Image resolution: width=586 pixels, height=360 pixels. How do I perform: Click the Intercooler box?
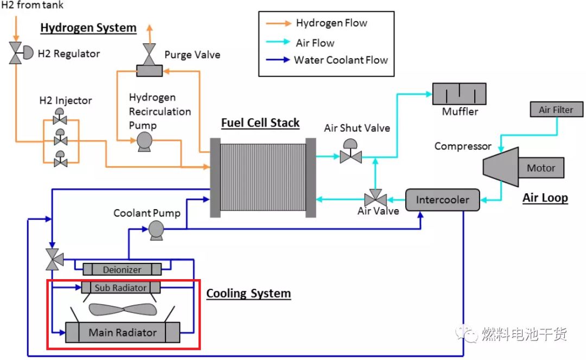click(x=443, y=200)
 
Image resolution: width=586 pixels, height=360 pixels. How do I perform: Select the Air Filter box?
click(x=556, y=110)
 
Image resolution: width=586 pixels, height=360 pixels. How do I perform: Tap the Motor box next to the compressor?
click(x=541, y=168)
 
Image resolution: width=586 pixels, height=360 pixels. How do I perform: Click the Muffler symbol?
click(x=459, y=94)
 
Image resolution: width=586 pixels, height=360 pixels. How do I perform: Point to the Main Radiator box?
click(x=122, y=332)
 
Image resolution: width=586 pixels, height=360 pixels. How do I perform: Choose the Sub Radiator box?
click(x=121, y=287)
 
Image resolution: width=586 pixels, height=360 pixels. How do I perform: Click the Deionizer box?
click(x=122, y=269)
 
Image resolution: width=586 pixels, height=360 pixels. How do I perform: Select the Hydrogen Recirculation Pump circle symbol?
click(x=144, y=141)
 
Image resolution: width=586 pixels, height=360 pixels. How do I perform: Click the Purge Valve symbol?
click(x=148, y=54)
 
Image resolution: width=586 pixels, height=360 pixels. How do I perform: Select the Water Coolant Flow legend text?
click(x=341, y=60)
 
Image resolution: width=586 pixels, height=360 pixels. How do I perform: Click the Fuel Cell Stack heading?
click(x=260, y=123)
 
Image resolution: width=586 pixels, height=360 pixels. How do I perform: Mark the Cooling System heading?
click(x=248, y=294)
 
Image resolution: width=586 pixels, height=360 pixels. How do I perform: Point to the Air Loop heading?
click(x=545, y=198)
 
